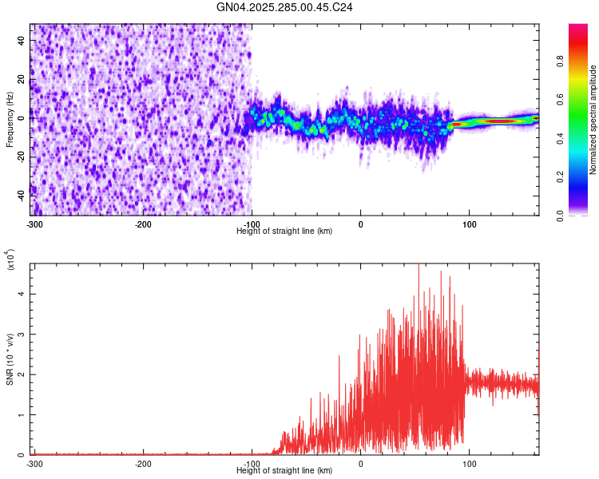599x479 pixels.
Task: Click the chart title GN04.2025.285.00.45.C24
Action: click(x=284, y=7)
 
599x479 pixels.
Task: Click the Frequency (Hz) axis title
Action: click(x=10, y=119)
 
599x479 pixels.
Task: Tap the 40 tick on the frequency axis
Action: click(x=22, y=42)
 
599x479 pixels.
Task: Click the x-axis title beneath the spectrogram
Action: click(x=284, y=232)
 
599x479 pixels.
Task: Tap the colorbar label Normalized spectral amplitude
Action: click(x=593, y=120)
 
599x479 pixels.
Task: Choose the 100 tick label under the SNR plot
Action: click(x=470, y=464)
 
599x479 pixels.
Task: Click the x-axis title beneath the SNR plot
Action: click(x=284, y=471)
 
